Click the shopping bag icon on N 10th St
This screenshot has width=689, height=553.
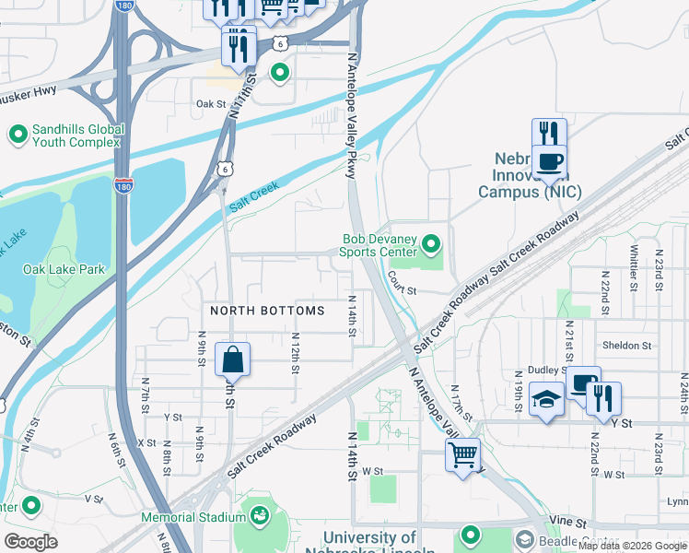[232, 359]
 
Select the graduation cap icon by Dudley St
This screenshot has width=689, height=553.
[546, 400]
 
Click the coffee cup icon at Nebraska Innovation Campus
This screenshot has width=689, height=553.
[550, 161]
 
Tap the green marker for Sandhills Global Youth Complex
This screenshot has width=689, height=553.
[18, 135]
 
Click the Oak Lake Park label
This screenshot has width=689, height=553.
[64, 269]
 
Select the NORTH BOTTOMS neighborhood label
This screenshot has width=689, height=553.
[267, 311]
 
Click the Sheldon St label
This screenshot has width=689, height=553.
[626, 346]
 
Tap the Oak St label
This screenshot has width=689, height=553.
[210, 104]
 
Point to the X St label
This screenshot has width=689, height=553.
[146, 442]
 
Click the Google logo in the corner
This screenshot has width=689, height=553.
[30, 542]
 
